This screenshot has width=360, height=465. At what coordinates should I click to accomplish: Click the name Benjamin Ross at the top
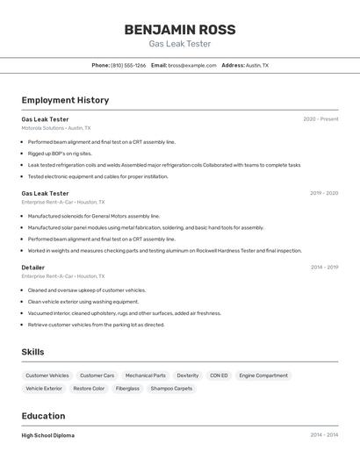tap(179, 29)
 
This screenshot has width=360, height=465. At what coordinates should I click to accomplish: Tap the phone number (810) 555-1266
tap(128, 65)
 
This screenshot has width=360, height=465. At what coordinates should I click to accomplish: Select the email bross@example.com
tap(192, 65)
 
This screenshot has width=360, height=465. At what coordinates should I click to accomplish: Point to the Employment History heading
tap(65, 100)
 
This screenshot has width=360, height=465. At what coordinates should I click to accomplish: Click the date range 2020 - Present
tap(320, 118)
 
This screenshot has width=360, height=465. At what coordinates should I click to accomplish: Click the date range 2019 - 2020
tap(323, 193)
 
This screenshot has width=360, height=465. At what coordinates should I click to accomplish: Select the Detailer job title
tap(33, 267)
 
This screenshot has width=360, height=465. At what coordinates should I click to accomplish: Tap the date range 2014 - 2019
tap(324, 267)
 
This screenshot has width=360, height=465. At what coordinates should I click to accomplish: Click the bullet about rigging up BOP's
tap(60, 153)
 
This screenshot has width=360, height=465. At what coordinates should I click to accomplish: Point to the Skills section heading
tap(33, 352)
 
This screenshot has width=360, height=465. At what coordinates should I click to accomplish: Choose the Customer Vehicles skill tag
tap(47, 376)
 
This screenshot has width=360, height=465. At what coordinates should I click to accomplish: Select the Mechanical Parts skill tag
tap(145, 376)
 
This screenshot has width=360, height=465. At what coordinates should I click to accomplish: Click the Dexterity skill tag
tap(188, 376)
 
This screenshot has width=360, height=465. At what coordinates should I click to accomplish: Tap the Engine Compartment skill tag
tap(263, 376)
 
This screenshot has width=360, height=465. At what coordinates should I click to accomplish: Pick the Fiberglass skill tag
tap(127, 388)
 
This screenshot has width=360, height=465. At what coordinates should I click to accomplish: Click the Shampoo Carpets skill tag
tap(171, 388)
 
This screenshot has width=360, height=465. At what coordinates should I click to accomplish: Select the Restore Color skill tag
tap(89, 388)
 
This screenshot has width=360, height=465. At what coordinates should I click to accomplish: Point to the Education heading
tap(43, 416)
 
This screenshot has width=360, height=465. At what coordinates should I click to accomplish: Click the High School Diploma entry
tap(48, 435)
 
